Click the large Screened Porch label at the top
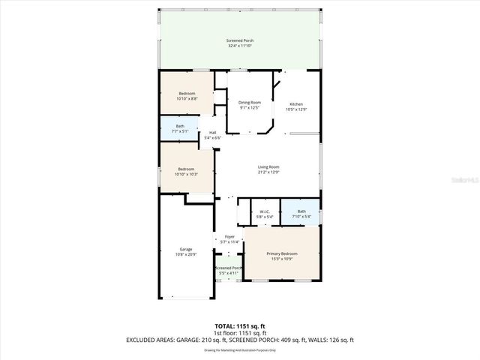click(240, 40)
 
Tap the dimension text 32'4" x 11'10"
click(240, 46)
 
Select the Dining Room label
click(250, 102)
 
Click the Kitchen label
click(296, 104)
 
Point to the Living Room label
click(268, 166)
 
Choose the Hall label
click(213, 133)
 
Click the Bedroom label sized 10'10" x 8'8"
click(187, 93)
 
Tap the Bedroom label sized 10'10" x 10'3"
click(187, 169)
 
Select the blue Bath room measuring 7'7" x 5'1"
click(180, 129)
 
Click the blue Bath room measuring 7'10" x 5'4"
click(301, 214)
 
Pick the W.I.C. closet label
click(264, 212)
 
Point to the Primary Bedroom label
click(282, 253)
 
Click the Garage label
click(185, 249)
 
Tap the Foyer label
click(229, 237)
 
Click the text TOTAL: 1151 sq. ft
click(239, 325)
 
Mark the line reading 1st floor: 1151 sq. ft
click(239, 332)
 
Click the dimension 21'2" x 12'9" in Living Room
click(268, 172)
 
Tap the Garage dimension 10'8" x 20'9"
click(185, 255)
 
